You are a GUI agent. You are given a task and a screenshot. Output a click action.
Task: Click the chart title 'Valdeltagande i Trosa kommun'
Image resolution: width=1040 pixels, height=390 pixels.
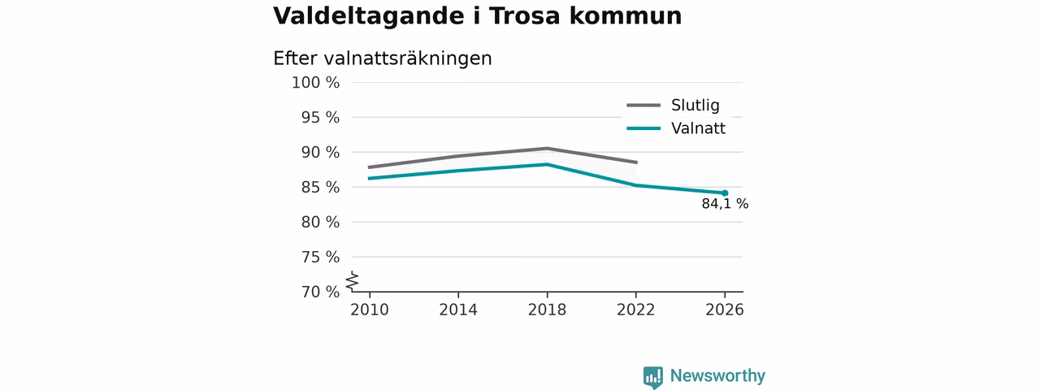[477, 15]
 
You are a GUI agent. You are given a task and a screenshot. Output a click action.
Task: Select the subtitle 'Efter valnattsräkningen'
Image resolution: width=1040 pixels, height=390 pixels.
[383, 58]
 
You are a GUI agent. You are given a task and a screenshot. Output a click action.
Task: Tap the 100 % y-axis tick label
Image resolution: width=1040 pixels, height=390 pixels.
[316, 83]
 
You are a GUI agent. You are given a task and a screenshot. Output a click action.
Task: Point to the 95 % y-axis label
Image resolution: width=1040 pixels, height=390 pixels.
[320, 118]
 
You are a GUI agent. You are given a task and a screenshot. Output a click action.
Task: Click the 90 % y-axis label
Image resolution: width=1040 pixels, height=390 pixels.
[320, 152]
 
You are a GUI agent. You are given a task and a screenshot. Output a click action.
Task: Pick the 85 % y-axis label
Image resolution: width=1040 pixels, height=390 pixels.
[320, 187]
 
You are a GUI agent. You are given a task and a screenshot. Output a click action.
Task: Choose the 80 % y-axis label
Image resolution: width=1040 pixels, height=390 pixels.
[320, 222]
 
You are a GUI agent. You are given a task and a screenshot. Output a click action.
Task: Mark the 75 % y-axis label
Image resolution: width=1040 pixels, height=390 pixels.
[320, 257]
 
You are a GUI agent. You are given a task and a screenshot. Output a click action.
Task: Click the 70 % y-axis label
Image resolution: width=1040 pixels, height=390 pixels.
[320, 292]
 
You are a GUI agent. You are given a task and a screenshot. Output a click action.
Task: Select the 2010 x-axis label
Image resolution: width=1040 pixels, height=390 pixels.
[370, 310]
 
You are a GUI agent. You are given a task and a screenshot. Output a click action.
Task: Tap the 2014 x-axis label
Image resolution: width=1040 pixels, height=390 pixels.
[458, 310]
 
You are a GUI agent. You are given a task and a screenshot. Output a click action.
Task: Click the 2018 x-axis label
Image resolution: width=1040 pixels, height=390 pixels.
[547, 310]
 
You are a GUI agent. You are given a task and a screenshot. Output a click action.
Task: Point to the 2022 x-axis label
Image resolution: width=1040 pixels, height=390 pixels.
[635, 310]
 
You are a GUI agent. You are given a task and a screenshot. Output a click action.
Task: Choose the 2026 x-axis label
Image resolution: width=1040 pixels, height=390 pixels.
[724, 310]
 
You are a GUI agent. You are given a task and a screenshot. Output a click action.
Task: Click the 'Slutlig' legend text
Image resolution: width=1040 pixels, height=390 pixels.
[695, 106]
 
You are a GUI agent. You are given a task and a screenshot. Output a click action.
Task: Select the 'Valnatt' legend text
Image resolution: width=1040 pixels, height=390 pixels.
[698, 128]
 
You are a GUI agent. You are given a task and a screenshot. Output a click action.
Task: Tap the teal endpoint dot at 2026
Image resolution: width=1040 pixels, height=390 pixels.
[725, 193]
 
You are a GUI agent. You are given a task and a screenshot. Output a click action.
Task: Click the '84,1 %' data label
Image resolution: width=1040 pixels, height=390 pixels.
[725, 204]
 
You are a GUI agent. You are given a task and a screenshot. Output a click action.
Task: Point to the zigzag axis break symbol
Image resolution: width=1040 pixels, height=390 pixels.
[353, 281]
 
